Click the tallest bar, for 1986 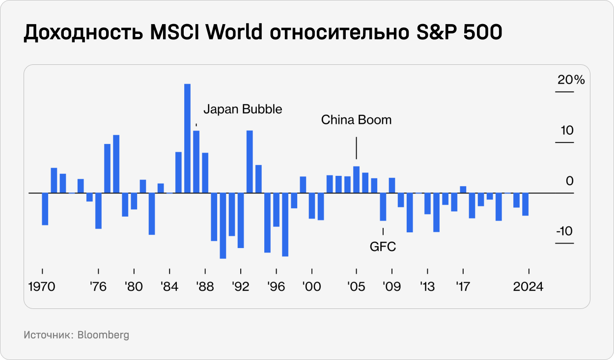(x=187, y=138)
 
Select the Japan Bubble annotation (x=243, y=109)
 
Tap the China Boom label (x=356, y=120)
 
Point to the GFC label (x=383, y=247)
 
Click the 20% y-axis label (x=571, y=80)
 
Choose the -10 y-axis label (x=565, y=231)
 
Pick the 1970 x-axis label (x=42, y=287)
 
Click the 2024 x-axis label (x=528, y=287)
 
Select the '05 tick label (x=356, y=287)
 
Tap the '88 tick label (x=204, y=287)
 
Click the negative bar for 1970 (x=45, y=209)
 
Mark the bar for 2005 (x=356, y=180)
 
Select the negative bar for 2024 (x=525, y=204)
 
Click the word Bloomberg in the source (x=103, y=335)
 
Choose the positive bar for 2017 (x=463, y=190)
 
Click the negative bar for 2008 (x=383, y=207)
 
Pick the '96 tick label (x=277, y=287)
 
